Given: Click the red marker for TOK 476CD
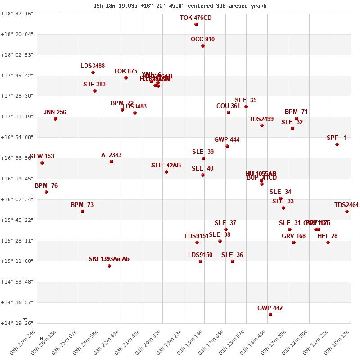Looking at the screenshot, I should coord(196,24).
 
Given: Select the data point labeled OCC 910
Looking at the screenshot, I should coord(203,46).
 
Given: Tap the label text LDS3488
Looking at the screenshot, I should coord(93,66).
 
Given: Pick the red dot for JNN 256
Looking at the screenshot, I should coord(55,119).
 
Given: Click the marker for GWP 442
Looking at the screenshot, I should coord(270,315).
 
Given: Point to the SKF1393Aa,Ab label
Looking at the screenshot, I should coord(109,259).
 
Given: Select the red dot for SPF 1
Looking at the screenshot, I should coord(337,144).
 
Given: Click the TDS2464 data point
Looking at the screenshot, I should coord(347,211).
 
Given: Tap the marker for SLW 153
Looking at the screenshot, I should coord(42,163).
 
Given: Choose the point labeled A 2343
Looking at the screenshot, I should coord(112,162).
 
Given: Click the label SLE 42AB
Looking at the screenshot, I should coord(166,166).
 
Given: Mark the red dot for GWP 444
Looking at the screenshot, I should coord(227,146).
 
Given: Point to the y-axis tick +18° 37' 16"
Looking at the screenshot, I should coord(17,13).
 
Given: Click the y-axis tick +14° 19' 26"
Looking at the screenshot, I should coord(17,323).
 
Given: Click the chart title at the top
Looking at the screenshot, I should coord(180,6).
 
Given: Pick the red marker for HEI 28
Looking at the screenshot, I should coord(328,243).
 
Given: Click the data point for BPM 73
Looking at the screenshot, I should coord(82,211).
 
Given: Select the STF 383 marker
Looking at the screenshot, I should coord(95,91).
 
